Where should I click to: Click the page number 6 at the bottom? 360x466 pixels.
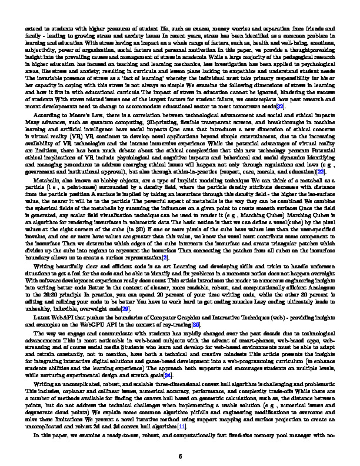point(180,455)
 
